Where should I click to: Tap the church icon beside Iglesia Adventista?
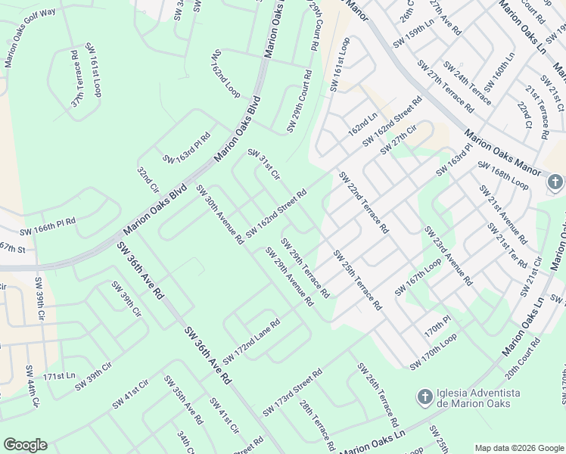425,396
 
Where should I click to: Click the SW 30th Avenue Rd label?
219,214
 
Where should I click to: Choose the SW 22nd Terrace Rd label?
363,202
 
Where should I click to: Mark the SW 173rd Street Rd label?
293,392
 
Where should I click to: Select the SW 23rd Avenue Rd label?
448,256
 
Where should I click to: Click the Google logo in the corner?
25,444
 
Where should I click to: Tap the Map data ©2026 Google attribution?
518,448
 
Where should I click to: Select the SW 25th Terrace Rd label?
358,280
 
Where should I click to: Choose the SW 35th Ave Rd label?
184,400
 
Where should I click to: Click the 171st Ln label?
60,376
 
